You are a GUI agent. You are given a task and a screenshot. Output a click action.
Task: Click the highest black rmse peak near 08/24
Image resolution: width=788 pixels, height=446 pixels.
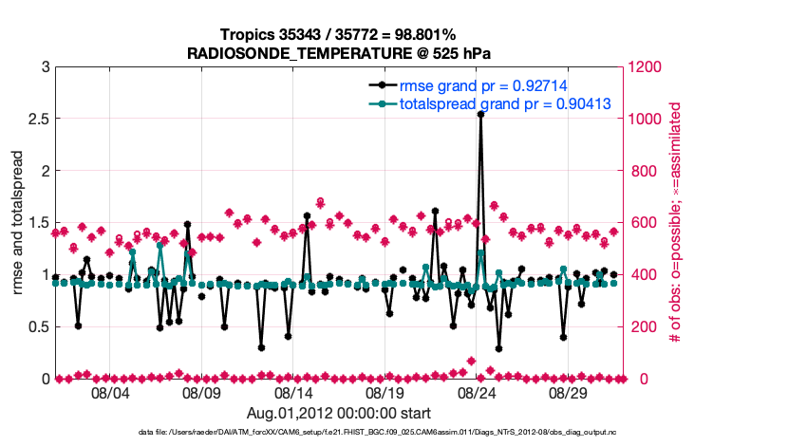coord(481,114)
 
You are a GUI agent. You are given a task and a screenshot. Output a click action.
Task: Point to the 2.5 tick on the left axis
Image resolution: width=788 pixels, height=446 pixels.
coord(38,120)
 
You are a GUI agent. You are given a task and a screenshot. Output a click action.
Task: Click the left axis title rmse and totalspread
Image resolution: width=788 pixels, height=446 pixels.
coord(19,223)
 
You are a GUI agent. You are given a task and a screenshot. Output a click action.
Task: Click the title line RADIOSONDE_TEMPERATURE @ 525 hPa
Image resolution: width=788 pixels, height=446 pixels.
coord(340,52)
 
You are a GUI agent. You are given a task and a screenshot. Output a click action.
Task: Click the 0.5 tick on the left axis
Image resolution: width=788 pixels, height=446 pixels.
coord(38,327)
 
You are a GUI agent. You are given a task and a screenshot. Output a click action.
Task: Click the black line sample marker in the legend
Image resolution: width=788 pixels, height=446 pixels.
coord(382,85)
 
